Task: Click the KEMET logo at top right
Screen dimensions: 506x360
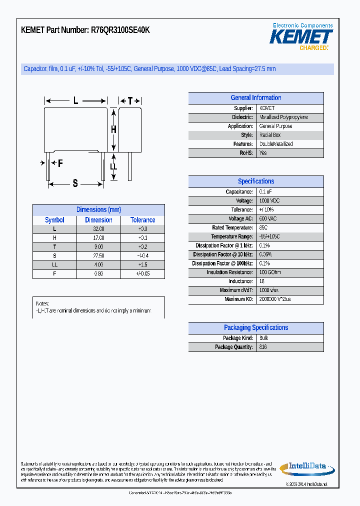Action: pos(301,36)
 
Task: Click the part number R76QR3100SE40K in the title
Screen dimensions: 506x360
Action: pos(120,30)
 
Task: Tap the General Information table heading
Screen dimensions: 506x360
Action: pos(255,98)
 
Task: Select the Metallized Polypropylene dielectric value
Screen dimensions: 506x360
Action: pos(283,117)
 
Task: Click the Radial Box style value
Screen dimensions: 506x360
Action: pos(270,135)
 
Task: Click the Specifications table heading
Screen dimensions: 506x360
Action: pos(255,181)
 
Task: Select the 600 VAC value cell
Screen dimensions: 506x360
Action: pos(268,219)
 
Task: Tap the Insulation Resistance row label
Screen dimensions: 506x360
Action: pos(229,272)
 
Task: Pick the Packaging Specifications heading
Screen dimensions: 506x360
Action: pos(255,328)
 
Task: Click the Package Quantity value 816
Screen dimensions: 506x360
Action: pos(263,347)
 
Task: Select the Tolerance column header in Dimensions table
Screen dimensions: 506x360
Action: pos(142,220)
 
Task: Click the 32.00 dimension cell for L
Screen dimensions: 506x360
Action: pos(98,229)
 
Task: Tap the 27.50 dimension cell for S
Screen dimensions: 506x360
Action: pos(98,256)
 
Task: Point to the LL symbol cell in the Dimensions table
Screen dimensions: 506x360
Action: pos(54,265)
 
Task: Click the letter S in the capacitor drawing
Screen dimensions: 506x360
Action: pos(75,183)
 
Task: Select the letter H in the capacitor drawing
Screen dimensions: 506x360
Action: pos(113,129)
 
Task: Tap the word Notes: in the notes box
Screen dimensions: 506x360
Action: pos(42,304)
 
